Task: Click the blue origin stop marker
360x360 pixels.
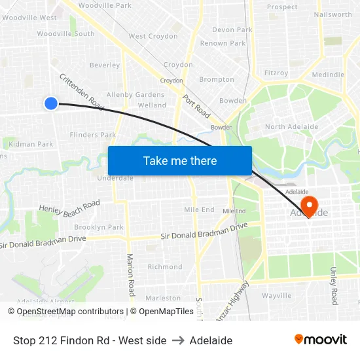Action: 51,103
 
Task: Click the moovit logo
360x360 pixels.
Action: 320,339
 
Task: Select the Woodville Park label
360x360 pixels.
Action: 105,5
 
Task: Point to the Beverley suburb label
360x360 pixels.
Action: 105,65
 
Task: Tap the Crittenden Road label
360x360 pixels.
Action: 82,91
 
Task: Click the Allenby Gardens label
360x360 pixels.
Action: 135,94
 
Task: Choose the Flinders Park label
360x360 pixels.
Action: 93,135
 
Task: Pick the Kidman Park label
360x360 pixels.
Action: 31,144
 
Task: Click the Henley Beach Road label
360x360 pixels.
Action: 69,207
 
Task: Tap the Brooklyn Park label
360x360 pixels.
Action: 99,227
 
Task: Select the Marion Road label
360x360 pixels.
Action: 131,275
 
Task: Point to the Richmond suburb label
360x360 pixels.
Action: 165,266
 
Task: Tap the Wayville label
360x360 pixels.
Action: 276,295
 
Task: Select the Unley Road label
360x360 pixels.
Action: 334,286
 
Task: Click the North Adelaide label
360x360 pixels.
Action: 291,127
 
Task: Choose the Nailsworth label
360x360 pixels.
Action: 333,14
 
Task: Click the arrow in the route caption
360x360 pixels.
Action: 178,340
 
